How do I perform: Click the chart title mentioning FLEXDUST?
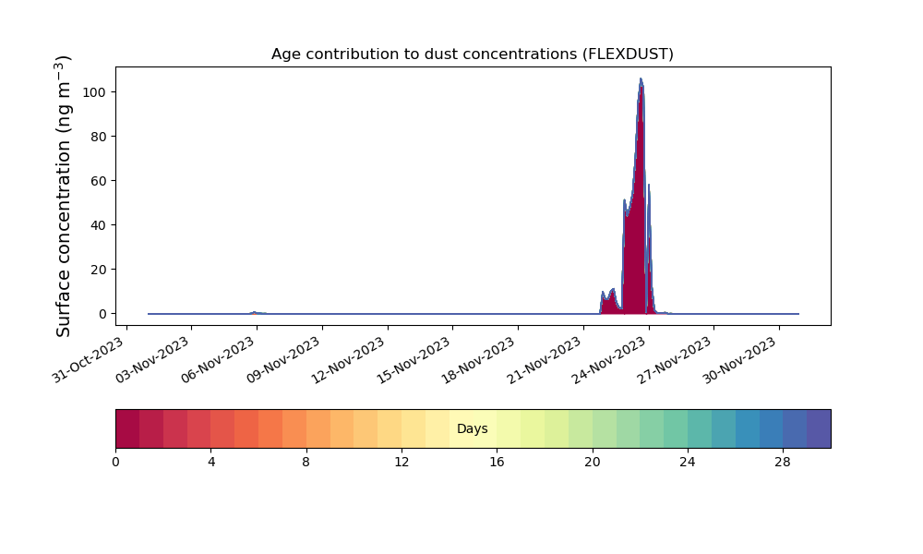[x=472, y=54]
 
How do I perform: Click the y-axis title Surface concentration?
[x=63, y=196]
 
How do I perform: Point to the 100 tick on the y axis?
[x=95, y=92]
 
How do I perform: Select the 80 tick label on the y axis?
[x=99, y=137]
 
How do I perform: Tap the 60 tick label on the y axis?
[x=99, y=181]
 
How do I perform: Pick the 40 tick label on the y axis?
[x=99, y=225]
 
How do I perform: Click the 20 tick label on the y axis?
[x=99, y=270]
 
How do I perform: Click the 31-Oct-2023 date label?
[x=89, y=360]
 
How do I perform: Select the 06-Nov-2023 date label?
[x=218, y=360]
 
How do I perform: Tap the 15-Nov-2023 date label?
[x=414, y=360]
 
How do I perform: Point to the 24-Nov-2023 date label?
[x=610, y=360]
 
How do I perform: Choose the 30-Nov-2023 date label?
[x=740, y=360]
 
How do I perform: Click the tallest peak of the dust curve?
[x=641, y=78]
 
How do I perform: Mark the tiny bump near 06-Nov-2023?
[x=255, y=313]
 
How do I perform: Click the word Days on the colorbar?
[x=472, y=428]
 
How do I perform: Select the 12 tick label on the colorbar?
[x=402, y=463]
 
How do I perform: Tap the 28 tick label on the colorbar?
[x=783, y=463]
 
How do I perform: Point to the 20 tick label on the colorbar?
[x=593, y=463]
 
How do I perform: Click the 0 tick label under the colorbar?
[x=115, y=463]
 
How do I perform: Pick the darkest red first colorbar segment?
[x=127, y=428]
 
